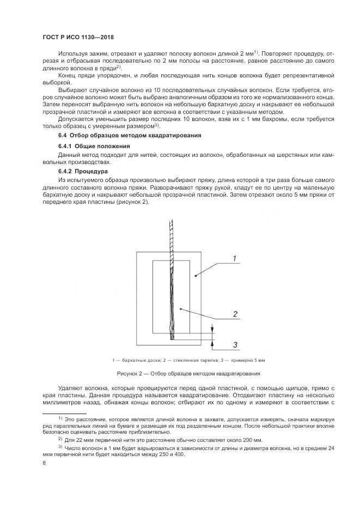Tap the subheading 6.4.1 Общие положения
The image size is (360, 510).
pyautogui.click(x=93, y=147)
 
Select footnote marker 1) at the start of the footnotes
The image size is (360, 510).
pyautogui.click(x=60, y=417)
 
